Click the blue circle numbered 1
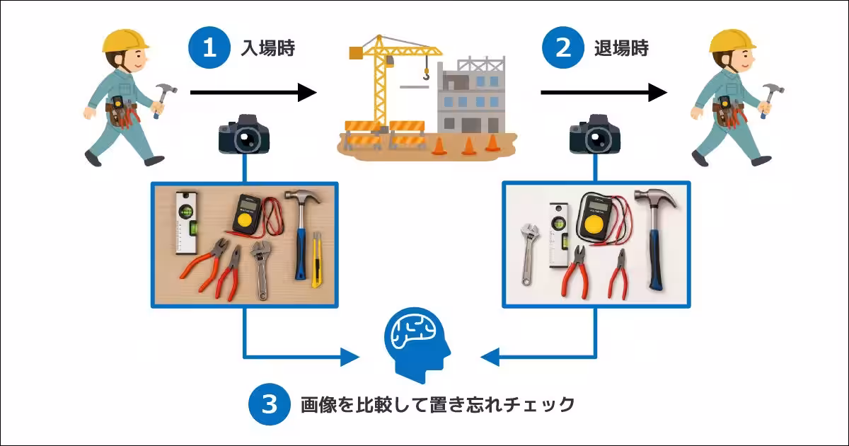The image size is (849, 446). tap(209, 48)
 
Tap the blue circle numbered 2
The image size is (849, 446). tap(562, 48)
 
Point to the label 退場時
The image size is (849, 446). tap(620, 48)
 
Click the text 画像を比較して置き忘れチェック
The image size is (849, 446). tap(437, 405)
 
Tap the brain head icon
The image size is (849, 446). tap(417, 339)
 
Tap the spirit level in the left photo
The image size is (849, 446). tap(185, 221)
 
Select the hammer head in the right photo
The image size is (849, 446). tap(655, 198)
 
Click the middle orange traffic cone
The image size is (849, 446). tap(468, 146)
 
